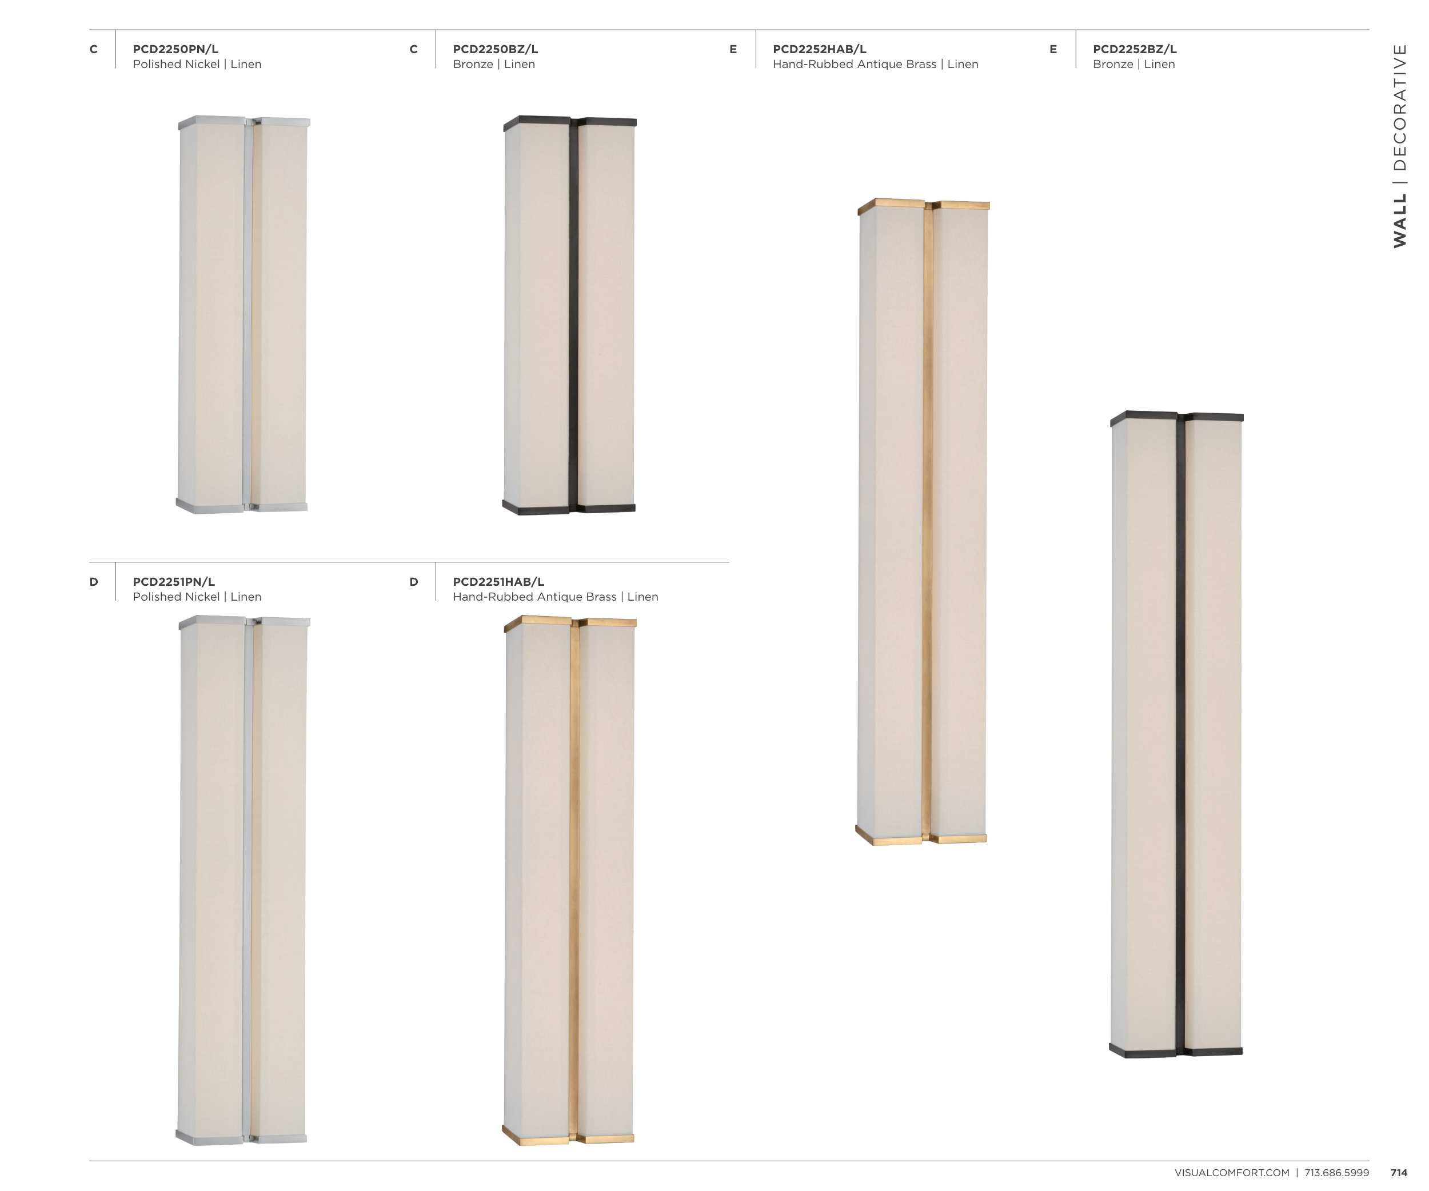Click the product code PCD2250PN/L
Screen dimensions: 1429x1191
coord(175,49)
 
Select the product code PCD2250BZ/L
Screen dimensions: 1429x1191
coord(496,49)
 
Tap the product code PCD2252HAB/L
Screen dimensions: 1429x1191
coord(819,49)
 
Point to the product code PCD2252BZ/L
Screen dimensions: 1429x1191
coord(1135,49)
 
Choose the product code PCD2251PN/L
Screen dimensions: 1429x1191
coord(174,582)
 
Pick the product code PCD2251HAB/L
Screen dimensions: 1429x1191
coord(498,582)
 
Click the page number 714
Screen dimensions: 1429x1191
coord(1398,1173)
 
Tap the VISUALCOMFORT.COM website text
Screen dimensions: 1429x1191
coord(1232,1173)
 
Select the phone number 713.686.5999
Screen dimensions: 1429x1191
coord(1336,1173)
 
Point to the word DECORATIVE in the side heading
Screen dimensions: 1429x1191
coord(1399,107)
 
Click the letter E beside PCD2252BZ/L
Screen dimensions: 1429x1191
coord(1053,49)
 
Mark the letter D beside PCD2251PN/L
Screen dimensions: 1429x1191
coord(93,582)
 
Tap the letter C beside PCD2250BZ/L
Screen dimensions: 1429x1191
coord(413,49)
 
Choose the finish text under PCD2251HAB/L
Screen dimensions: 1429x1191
coord(555,597)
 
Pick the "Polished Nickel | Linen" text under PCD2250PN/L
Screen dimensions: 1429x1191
coord(197,64)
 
